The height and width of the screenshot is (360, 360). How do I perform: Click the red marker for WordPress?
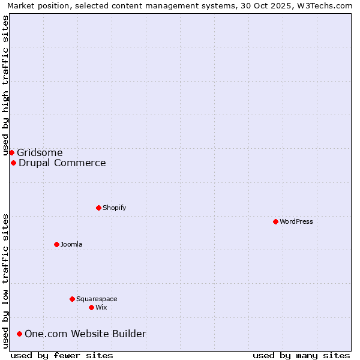[x=275, y=221]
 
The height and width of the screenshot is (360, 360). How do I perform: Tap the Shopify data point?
[x=98, y=208]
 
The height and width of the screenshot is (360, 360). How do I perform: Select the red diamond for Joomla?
[x=56, y=244]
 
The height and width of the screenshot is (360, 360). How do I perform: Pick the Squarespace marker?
[x=72, y=299]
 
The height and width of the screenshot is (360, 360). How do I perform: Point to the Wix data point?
[x=91, y=307]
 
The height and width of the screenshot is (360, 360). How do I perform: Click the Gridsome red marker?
[x=11, y=152]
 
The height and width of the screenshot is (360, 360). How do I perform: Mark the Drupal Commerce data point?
[x=13, y=163]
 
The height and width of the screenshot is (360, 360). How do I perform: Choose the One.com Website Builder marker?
[x=19, y=334]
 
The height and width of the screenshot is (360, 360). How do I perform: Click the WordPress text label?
[x=296, y=221]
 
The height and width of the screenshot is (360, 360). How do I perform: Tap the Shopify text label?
[x=114, y=208]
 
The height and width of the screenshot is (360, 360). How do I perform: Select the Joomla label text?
[x=71, y=244]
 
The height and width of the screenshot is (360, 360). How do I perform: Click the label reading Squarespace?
[x=97, y=299]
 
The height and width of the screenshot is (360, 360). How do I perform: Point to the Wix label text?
[x=101, y=307]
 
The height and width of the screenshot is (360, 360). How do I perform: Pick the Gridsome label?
[x=40, y=152]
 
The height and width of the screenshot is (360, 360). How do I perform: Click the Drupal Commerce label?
[x=62, y=163]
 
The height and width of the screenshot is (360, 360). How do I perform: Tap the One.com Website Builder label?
[x=85, y=334]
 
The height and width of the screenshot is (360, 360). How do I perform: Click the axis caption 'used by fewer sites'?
[x=62, y=355]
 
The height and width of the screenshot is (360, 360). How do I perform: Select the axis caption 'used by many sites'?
[x=301, y=355]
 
